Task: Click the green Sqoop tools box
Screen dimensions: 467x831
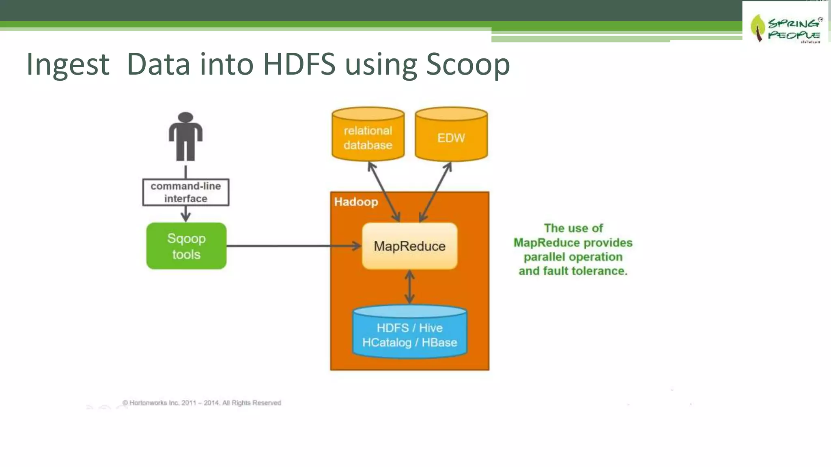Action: click(186, 246)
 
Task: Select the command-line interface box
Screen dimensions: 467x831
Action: click(186, 192)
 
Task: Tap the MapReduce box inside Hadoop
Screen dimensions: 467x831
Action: click(409, 246)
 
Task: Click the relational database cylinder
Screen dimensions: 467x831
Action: click(368, 136)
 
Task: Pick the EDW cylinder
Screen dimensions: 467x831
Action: click(451, 136)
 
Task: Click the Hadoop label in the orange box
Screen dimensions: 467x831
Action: click(356, 202)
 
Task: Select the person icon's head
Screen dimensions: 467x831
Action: click(185, 117)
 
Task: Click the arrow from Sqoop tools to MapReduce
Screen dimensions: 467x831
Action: click(292, 246)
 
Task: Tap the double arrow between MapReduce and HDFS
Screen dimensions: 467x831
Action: click(409, 287)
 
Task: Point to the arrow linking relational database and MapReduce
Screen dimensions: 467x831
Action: click(384, 192)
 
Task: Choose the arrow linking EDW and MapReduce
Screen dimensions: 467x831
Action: click(435, 192)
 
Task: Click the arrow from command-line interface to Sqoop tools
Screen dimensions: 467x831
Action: click(185, 214)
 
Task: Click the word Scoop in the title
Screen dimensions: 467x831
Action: click(468, 64)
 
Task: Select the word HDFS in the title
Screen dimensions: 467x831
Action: click(299, 64)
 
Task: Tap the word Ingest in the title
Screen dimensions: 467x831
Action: click(68, 65)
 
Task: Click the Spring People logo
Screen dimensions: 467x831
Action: click(785, 28)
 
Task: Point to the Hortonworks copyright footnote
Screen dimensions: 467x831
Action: click(202, 403)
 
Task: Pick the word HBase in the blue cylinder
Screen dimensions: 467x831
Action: click(439, 343)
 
